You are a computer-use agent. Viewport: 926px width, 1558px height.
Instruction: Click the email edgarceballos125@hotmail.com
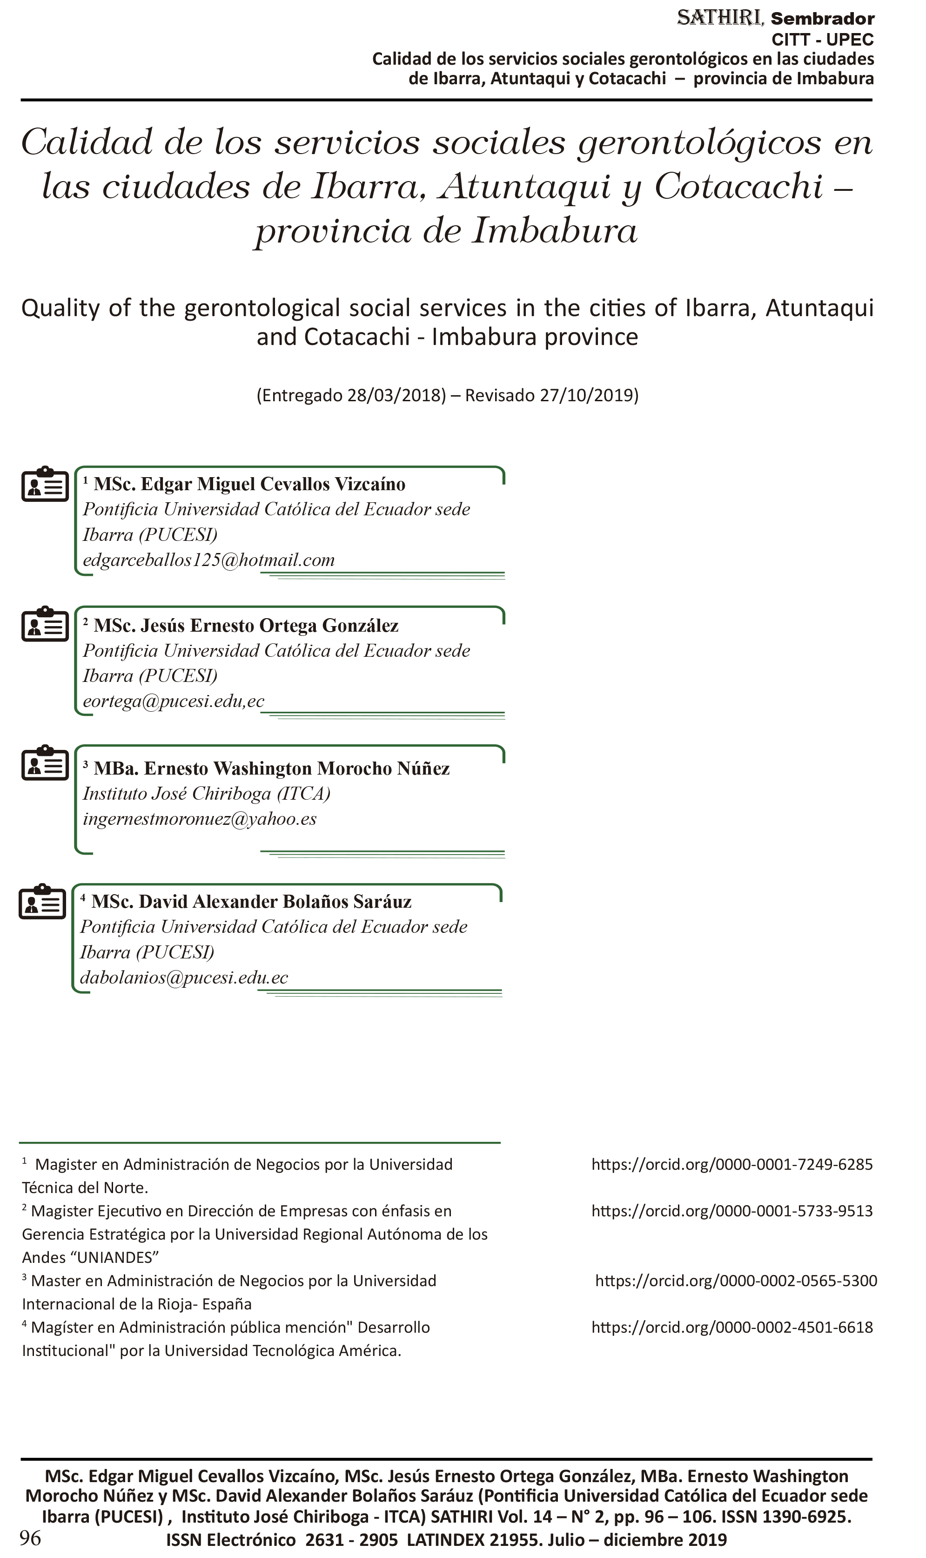[208, 560]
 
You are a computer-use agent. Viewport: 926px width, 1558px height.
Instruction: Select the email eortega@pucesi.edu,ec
[174, 701]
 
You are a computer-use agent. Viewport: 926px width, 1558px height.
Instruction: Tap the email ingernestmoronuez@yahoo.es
[200, 819]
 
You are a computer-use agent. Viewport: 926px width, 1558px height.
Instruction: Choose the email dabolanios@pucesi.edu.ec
[184, 978]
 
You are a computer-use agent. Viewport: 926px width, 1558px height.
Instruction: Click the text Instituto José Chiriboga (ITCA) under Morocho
[207, 793]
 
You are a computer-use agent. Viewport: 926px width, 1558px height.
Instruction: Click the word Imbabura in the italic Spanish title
[554, 231]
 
